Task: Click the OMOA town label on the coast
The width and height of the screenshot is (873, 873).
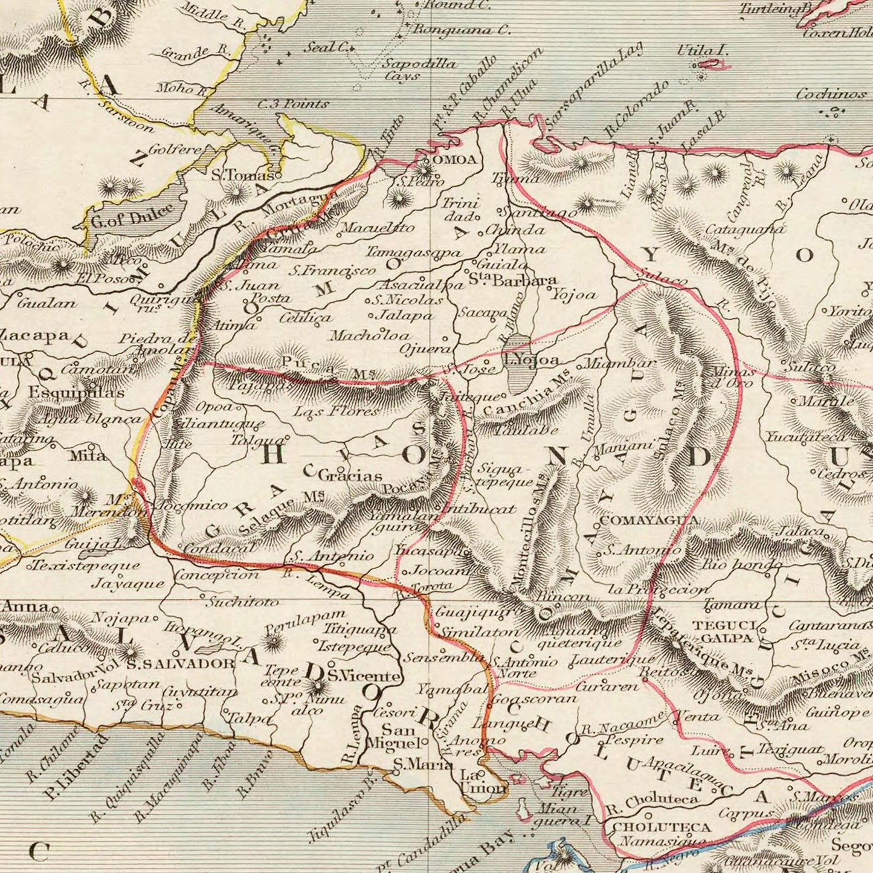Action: coord(456,160)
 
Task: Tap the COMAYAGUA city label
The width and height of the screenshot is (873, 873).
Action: coord(650,520)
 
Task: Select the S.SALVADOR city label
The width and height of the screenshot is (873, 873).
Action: coord(180,664)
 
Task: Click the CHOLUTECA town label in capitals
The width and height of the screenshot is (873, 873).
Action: coord(662,826)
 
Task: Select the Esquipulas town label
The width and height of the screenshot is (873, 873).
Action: coord(76,392)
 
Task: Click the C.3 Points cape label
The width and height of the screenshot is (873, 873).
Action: coord(293,104)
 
